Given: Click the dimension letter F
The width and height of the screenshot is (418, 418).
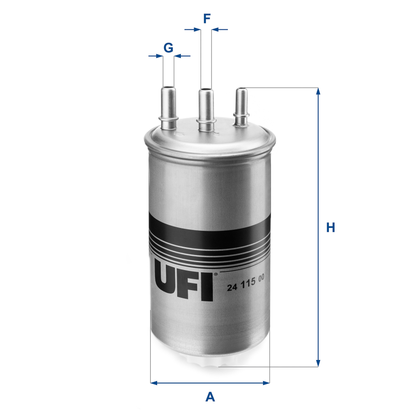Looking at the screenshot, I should pyautogui.click(x=206, y=19).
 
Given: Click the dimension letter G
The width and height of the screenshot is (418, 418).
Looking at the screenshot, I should pyautogui.click(x=168, y=47).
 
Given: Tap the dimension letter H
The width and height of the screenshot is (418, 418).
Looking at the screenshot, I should pyautogui.click(x=330, y=227).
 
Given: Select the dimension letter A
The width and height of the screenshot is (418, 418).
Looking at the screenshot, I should pyautogui.click(x=210, y=397).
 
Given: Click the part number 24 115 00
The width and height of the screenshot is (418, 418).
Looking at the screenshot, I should pyautogui.click(x=246, y=287).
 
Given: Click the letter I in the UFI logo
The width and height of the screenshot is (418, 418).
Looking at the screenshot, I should pyautogui.click(x=207, y=286).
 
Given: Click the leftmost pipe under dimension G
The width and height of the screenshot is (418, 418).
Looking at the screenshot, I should pyautogui.click(x=168, y=103).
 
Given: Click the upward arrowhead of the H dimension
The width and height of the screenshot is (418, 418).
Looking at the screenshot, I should pyautogui.click(x=318, y=91).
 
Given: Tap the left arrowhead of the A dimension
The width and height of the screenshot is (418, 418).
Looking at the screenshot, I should pyautogui.click(x=154, y=383).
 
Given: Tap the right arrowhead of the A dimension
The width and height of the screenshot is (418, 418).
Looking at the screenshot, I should pyautogui.click(x=266, y=383).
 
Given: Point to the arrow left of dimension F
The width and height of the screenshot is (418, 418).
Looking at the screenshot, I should pyautogui.click(x=196, y=30).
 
